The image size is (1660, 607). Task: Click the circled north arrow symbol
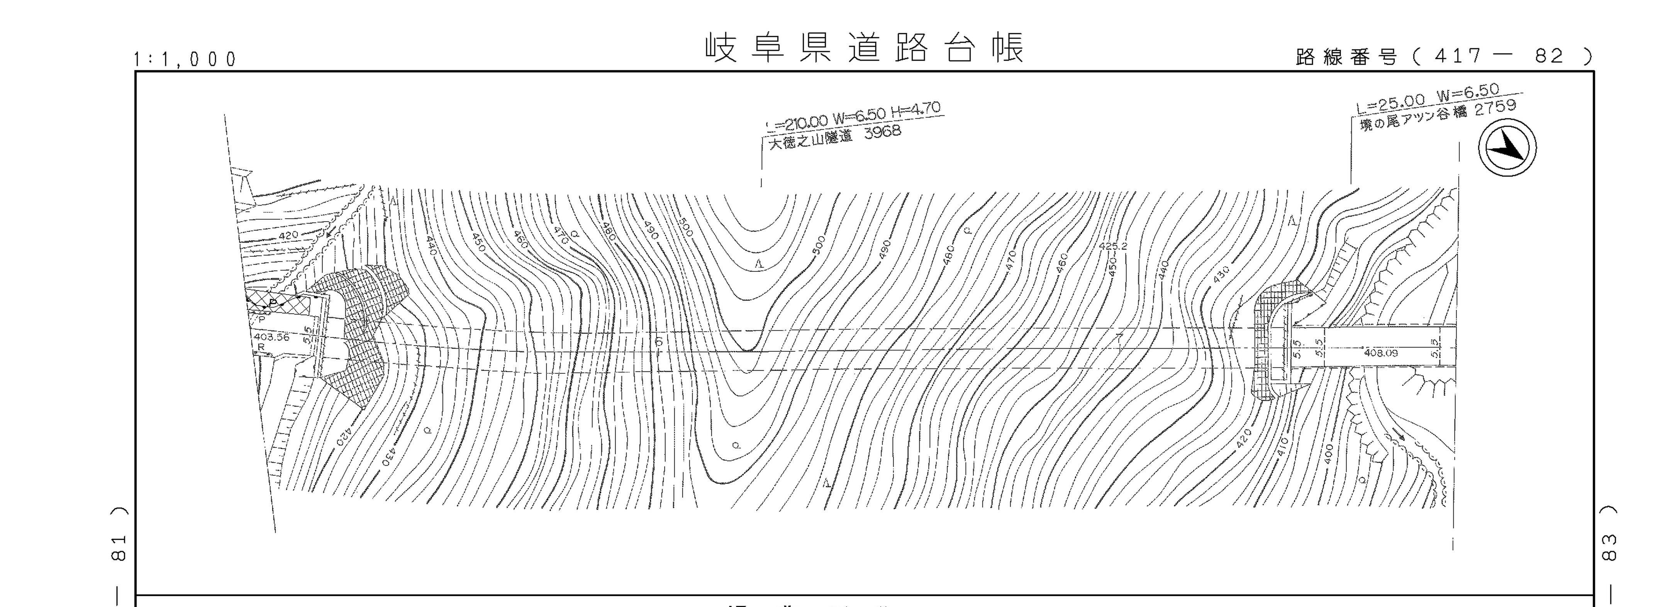[1507, 148]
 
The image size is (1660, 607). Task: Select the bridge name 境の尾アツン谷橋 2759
[1437, 115]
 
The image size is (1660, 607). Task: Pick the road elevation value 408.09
[1381, 353]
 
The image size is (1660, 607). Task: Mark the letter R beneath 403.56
[261, 347]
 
